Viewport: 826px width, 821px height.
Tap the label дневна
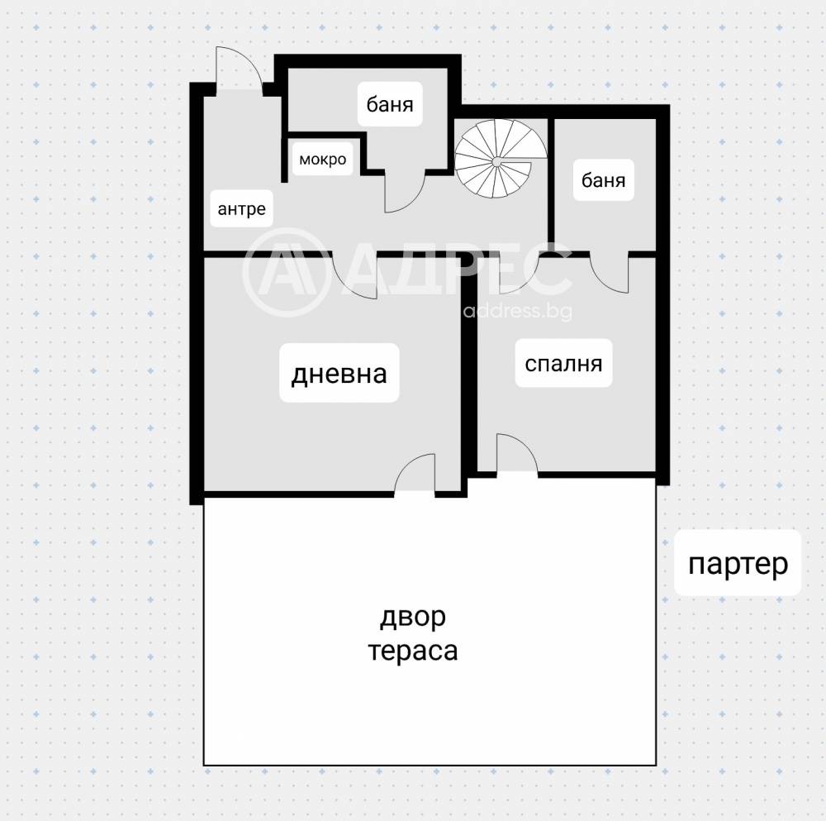(x=339, y=374)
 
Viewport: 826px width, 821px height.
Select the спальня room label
(x=563, y=363)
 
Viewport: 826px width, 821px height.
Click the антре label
(x=241, y=208)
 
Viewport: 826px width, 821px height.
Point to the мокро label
(x=322, y=159)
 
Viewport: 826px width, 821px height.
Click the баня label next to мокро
(x=390, y=105)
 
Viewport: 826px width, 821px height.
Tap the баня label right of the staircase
(x=603, y=180)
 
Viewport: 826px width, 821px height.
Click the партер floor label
(x=738, y=565)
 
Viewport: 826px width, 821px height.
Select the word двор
(x=412, y=617)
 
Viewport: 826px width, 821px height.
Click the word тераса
(x=412, y=651)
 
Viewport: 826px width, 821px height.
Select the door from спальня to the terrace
(x=515, y=456)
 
